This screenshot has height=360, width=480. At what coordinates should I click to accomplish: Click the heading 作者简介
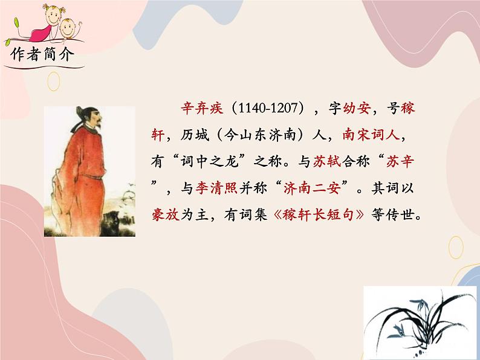[x=41, y=56]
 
